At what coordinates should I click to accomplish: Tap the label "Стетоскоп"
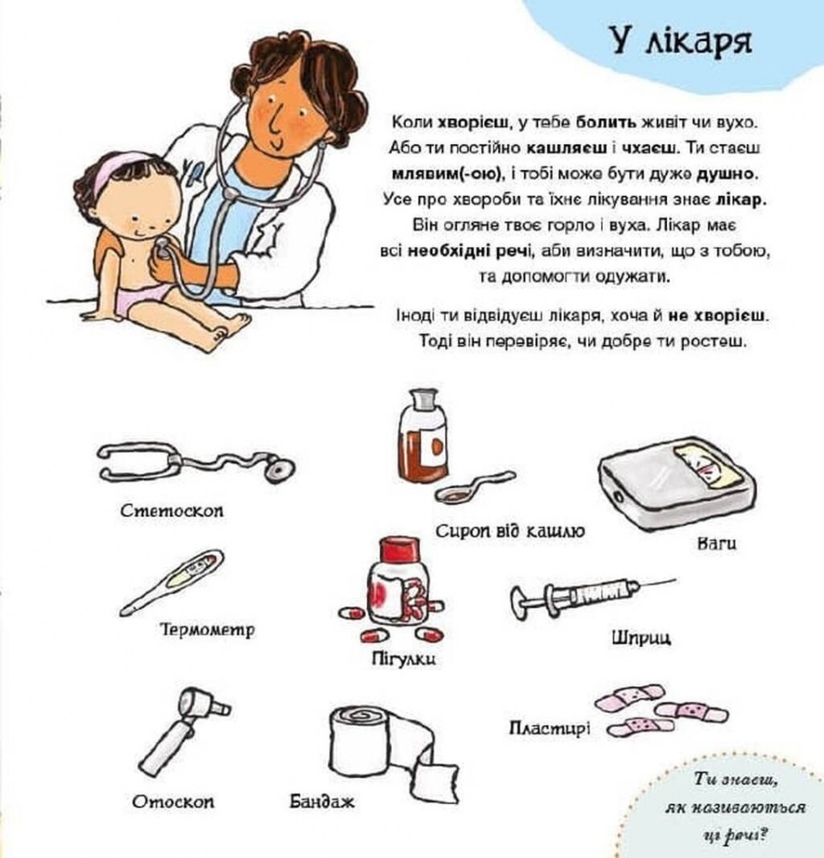pos(172,511)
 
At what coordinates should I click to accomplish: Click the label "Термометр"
pos(208,631)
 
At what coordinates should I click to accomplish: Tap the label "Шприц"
pos(641,637)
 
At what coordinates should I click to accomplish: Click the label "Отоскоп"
pos(173,801)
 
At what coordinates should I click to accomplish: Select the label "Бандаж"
pos(322,801)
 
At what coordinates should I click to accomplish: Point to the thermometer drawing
pos(174,581)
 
